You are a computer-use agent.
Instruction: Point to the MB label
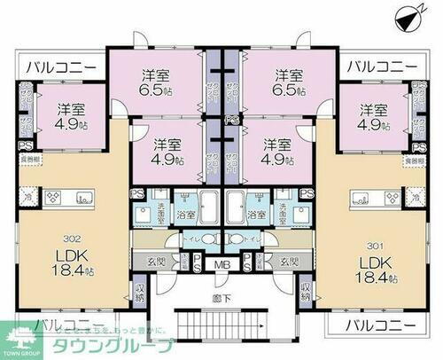(221, 264)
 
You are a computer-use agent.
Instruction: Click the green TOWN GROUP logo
(19, 340)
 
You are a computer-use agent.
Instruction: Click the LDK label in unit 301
(373, 262)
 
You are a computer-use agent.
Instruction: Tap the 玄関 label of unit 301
(287, 261)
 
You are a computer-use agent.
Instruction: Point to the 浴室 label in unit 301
(258, 215)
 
